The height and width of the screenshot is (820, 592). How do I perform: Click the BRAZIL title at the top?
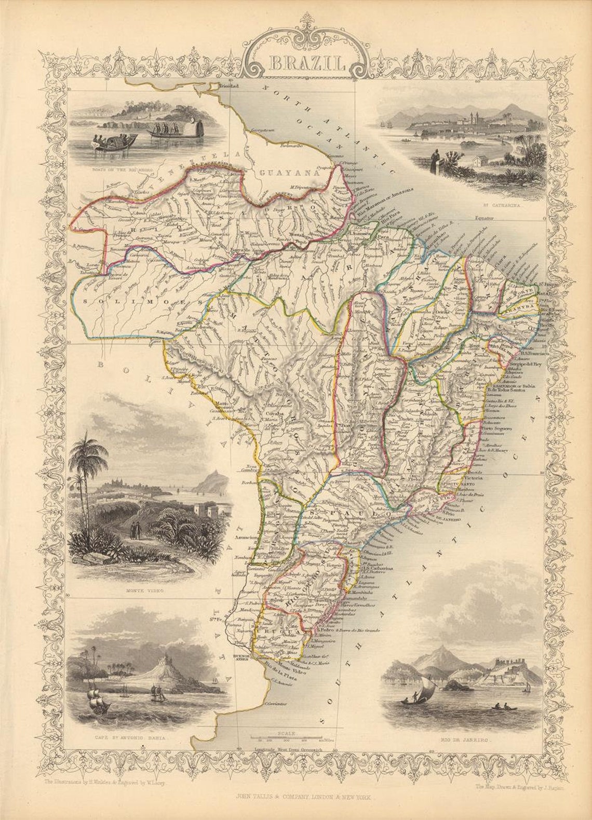coord(306,64)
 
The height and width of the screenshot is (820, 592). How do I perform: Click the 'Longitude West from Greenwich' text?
coord(289,750)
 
